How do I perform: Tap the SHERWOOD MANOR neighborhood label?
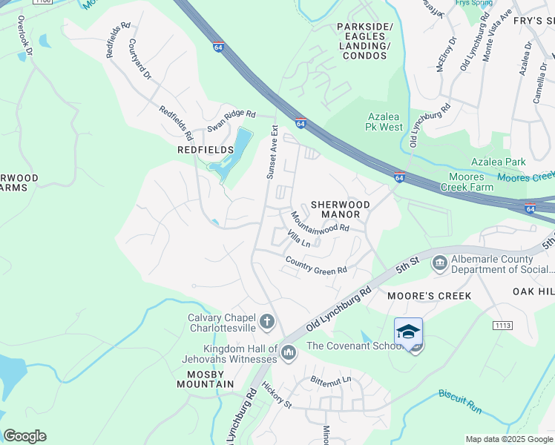point(335,209)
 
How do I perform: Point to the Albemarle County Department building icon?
point(440,262)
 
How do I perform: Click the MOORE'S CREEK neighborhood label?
point(430,296)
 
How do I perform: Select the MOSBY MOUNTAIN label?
point(206,379)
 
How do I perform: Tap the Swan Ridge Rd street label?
point(231,121)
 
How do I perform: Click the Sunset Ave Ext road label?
point(272,152)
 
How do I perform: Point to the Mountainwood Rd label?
point(319,221)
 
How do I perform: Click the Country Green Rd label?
point(316,264)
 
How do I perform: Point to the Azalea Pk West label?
point(385,122)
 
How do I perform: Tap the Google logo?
point(24,436)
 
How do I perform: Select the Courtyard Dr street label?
point(139,59)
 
